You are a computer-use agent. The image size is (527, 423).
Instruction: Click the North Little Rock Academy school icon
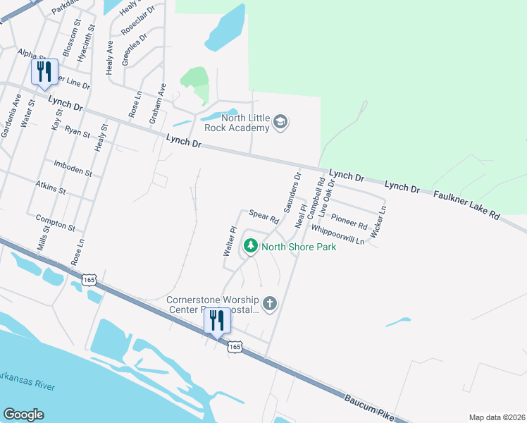pos(280,122)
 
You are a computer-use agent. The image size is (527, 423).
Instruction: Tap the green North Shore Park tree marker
pos(250,247)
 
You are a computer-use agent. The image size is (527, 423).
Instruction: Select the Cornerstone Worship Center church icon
pos(269,304)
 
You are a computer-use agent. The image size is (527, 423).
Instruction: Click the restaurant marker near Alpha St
pos(44,72)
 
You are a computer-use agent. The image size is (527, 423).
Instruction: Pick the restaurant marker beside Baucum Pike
pos(217,321)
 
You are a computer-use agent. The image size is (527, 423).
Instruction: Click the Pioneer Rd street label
pos(349,221)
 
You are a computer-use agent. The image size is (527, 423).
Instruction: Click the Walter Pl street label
pos(230,240)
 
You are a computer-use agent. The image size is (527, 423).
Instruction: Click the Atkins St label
pos(50,187)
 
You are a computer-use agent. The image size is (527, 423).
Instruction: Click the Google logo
pos(23,415)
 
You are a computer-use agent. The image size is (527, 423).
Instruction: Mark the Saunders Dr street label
pos(292,192)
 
